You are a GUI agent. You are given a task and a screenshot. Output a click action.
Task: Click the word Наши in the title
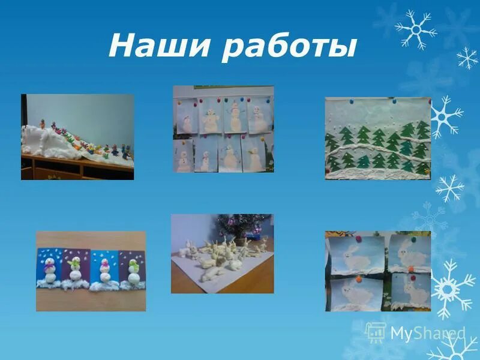pyautogui.click(x=158, y=46)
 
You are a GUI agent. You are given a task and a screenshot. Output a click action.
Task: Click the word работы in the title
pyautogui.click(x=289, y=48)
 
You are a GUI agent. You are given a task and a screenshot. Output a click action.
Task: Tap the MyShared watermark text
pyautogui.click(x=427, y=332)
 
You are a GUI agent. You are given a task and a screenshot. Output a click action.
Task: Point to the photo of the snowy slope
pyautogui.click(x=77, y=137)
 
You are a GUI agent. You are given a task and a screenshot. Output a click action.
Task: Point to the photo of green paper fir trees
pyautogui.click(x=378, y=139)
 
